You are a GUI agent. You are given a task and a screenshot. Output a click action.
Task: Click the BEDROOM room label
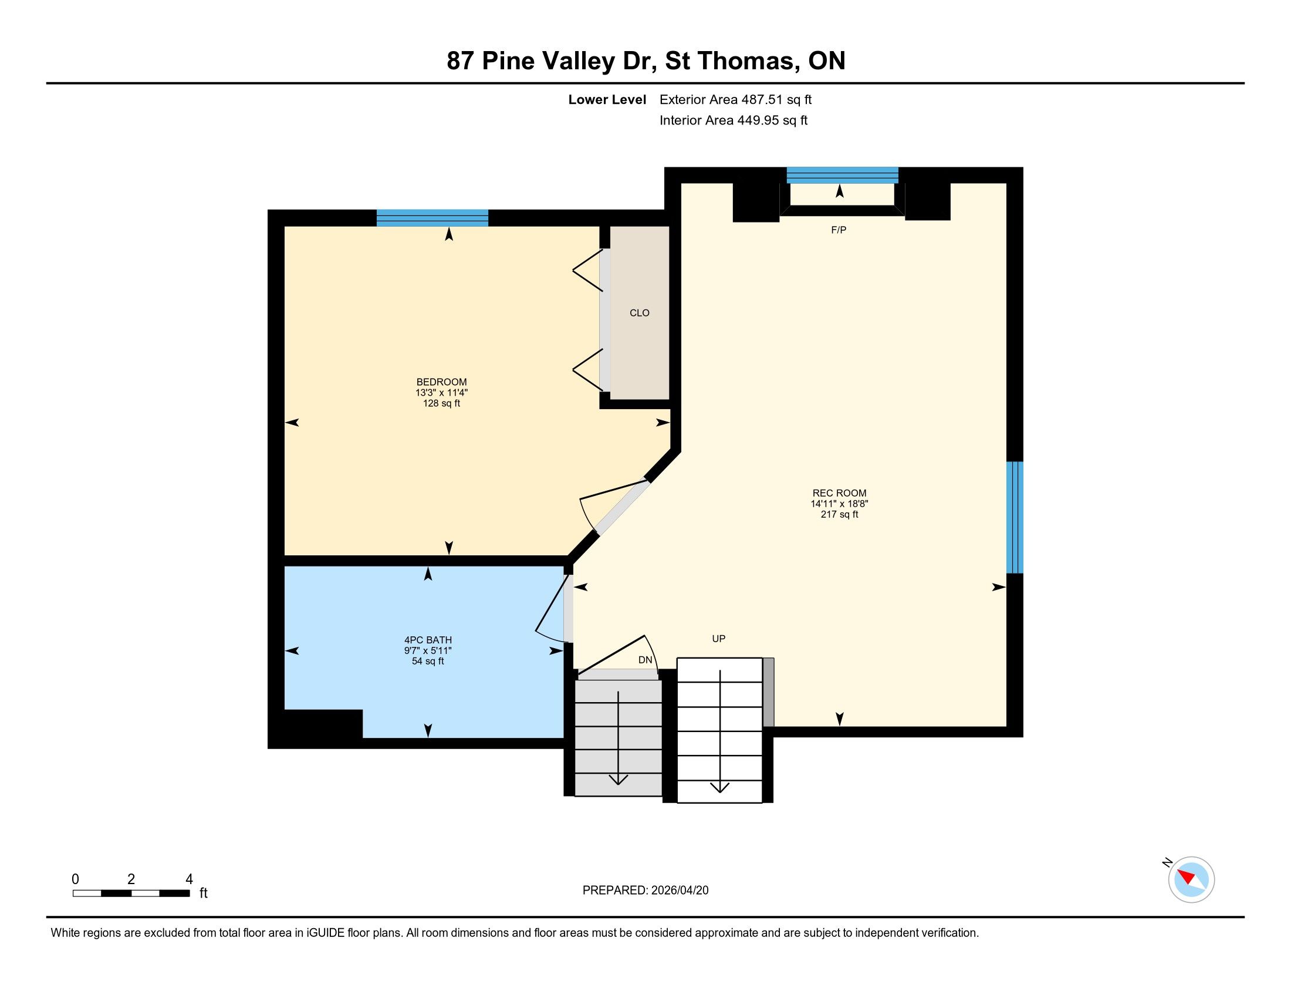441,382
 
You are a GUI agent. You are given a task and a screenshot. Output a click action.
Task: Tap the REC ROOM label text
839,493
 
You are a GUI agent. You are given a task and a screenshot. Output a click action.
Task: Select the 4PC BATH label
428,640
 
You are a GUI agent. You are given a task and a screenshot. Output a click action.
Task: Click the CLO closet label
640,313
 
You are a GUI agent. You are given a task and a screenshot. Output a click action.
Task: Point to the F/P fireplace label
839,230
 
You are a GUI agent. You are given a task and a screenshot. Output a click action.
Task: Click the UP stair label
719,639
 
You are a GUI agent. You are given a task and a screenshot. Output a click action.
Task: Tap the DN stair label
645,660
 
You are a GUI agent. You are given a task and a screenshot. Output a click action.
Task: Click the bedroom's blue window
432,218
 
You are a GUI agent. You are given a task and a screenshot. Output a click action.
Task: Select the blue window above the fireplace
842,176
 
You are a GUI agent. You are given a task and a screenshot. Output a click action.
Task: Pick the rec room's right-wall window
1015,517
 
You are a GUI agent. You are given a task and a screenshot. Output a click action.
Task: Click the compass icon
1191,879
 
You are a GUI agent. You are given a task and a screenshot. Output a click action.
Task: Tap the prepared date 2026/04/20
680,891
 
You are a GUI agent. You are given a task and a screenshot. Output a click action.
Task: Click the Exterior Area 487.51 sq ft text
735,100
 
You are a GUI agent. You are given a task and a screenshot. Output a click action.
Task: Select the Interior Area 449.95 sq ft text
734,120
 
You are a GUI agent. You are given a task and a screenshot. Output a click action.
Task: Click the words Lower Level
607,100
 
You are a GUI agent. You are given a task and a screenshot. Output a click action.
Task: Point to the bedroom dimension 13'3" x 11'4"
441,393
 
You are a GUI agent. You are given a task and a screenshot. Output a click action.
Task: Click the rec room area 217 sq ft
839,514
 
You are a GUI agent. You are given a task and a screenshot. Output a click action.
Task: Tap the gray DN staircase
619,733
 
